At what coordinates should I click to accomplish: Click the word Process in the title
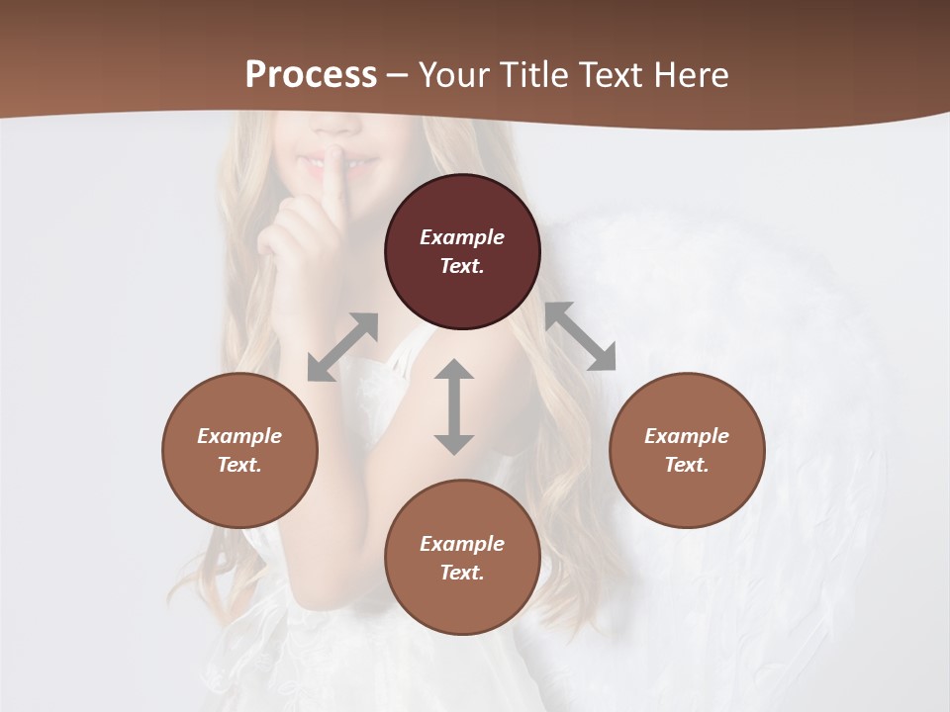click(x=311, y=75)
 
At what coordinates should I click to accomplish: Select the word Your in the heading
click(x=453, y=75)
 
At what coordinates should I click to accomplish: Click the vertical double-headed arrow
click(x=454, y=406)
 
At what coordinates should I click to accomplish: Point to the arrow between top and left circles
click(x=342, y=347)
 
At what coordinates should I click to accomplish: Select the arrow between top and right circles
click(x=580, y=336)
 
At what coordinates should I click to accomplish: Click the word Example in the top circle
click(x=462, y=237)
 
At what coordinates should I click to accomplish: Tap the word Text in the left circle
click(x=239, y=465)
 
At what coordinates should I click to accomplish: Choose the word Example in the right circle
click(x=687, y=436)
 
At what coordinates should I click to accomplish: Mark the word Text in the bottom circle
click(x=462, y=573)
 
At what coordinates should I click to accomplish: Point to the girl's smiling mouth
click(x=336, y=160)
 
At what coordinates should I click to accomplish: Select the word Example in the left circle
click(x=239, y=436)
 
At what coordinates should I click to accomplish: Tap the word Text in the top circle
click(x=462, y=266)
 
